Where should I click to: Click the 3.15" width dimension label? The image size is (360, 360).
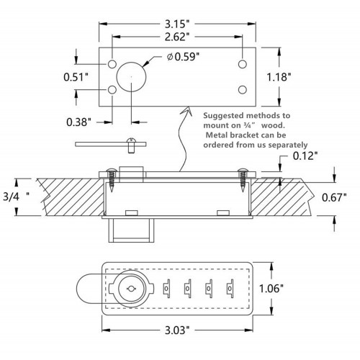click(x=177, y=24)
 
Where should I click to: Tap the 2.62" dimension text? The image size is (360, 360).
click(x=177, y=37)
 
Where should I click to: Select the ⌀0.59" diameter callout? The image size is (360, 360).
click(x=183, y=57)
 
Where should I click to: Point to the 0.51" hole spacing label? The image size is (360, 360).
click(x=76, y=77)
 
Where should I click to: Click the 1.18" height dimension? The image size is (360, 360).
click(x=279, y=77)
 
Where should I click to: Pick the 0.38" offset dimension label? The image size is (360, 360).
click(x=78, y=122)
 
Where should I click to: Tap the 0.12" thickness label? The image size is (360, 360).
click(x=305, y=156)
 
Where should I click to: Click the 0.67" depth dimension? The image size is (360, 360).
click(x=334, y=197)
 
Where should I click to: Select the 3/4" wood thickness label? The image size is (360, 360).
click(x=16, y=197)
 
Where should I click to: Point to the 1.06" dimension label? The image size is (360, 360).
click(x=271, y=288)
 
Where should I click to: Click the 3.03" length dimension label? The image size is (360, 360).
click(x=177, y=330)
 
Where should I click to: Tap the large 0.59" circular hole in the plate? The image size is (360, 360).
click(x=131, y=77)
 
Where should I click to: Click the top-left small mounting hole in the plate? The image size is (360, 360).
click(x=112, y=64)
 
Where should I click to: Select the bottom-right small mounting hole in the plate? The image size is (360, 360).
click(x=243, y=89)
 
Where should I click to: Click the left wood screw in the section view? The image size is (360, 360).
click(x=111, y=180)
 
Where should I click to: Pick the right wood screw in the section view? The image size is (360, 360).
click(x=243, y=180)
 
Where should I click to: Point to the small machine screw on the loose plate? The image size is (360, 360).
click(x=131, y=145)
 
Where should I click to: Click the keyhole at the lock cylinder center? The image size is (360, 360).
click(x=131, y=289)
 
